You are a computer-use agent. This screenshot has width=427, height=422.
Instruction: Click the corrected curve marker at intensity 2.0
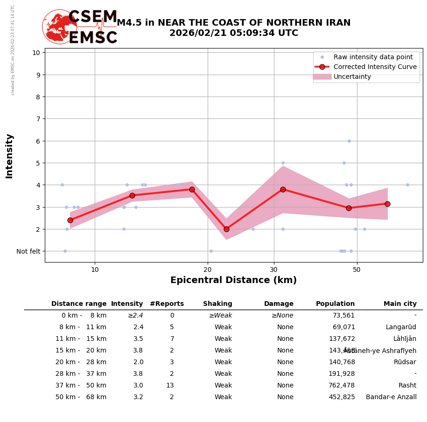[x=226, y=229]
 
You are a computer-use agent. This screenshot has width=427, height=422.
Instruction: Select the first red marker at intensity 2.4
[x=70, y=220]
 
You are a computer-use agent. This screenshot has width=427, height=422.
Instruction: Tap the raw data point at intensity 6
[x=349, y=141]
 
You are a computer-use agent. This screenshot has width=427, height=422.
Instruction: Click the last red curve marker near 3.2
[x=387, y=204]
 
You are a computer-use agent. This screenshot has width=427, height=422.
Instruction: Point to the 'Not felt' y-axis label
[x=28, y=251]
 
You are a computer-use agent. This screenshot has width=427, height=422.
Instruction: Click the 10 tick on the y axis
[x=36, y=52]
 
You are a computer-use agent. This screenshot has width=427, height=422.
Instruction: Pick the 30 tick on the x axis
[x=274, y=270]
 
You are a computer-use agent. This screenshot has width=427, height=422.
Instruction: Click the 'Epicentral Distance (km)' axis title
[x=233, y=280]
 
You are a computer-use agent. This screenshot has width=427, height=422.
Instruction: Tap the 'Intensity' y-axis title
[x=9, y=156]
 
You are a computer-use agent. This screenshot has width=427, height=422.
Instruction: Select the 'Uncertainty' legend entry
[x=352, y=76]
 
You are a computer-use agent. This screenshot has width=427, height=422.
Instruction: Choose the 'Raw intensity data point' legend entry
[x=373, y=57]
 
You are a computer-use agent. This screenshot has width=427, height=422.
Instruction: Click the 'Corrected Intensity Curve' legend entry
[x=375, y=67]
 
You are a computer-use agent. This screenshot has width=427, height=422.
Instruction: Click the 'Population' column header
[x=335, y=304]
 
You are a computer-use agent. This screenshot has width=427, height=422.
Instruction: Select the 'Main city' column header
[x=400, y=304]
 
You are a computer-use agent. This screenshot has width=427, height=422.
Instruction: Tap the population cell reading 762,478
[x=342, y=386]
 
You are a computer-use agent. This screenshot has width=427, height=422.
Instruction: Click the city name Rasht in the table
[x=407, y=386]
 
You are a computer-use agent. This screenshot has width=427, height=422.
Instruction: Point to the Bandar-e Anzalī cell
[x=391, y=397]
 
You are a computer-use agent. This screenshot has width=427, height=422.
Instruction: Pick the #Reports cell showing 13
[x=170, y=386]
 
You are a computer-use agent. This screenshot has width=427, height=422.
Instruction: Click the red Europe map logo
[x=59, y=27]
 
